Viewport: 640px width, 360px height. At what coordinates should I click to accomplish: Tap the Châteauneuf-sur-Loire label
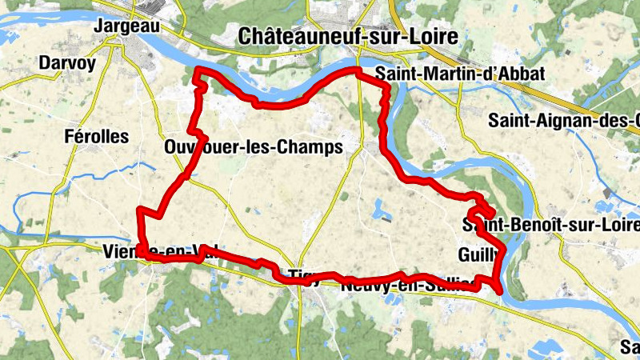click(x=348, y=36)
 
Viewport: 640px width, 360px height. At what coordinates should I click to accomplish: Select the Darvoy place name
click(x=66, y=62)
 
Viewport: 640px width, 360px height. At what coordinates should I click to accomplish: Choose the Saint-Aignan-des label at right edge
click(x=564, y=120)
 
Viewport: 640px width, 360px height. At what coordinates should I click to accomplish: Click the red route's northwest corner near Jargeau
click(x=198, y=74)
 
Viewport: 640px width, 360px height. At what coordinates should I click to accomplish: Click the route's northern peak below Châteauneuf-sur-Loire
click(x=358, y=72)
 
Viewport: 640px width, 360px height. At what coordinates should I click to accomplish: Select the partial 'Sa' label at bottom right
click(x=630, y=347)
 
